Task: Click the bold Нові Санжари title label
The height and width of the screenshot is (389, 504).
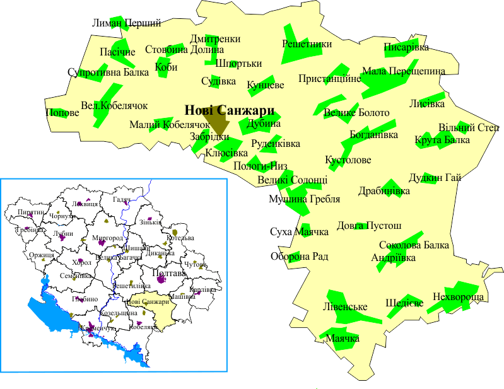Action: (x=225, y=109)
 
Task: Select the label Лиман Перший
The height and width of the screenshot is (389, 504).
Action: (x=126, y=23)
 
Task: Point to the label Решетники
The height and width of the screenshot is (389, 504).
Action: (x=307, y=44)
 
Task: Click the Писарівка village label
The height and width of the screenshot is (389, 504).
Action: (x=406, y=47)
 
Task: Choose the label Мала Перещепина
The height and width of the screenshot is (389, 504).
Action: (x=403, y=71)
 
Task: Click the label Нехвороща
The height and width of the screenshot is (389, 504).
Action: (x=458, y=296)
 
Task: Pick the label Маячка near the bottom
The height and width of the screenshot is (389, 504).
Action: (x=343, y=339)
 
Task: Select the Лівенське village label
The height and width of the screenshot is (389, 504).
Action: (x=345, y=307)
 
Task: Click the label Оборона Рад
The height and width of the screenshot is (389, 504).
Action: (x=299, y=257)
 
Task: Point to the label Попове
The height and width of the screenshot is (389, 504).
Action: (x=62, y=113)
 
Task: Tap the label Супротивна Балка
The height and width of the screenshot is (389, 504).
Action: (x=108, y=72)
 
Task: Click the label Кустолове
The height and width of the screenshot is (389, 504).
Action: (x=348, y=160)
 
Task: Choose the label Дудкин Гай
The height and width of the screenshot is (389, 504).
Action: (x=435, y=178)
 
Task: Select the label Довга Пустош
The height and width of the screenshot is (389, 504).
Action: (x=369, y=225)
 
